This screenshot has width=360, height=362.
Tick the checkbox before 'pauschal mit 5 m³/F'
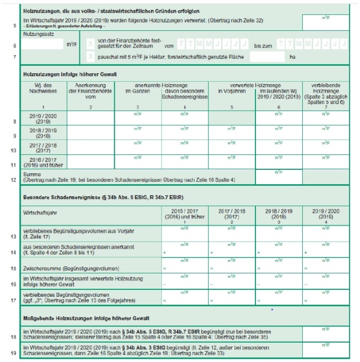pyautogui.click(x=90, y=57)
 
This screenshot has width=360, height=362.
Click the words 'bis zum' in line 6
pyautogui.click(x=262, y=44)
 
